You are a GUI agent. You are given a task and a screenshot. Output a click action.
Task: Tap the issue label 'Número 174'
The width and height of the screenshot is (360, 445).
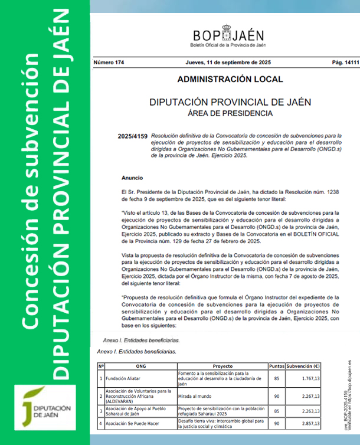pos(109,63)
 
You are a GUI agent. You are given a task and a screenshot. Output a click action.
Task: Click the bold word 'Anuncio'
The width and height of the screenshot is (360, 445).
pos(132,177)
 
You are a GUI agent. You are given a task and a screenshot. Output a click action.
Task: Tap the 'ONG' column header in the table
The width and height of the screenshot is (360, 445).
pos(140,366)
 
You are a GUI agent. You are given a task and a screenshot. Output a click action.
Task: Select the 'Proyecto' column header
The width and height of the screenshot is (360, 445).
pos(222,366)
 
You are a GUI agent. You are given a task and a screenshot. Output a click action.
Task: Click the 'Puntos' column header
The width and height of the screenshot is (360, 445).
pos(277,366)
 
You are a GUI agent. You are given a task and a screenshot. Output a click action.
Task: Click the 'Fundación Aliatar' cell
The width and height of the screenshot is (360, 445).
pos(124,378)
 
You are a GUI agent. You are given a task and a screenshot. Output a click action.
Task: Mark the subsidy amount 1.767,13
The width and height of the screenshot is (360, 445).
pos(309,378)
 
